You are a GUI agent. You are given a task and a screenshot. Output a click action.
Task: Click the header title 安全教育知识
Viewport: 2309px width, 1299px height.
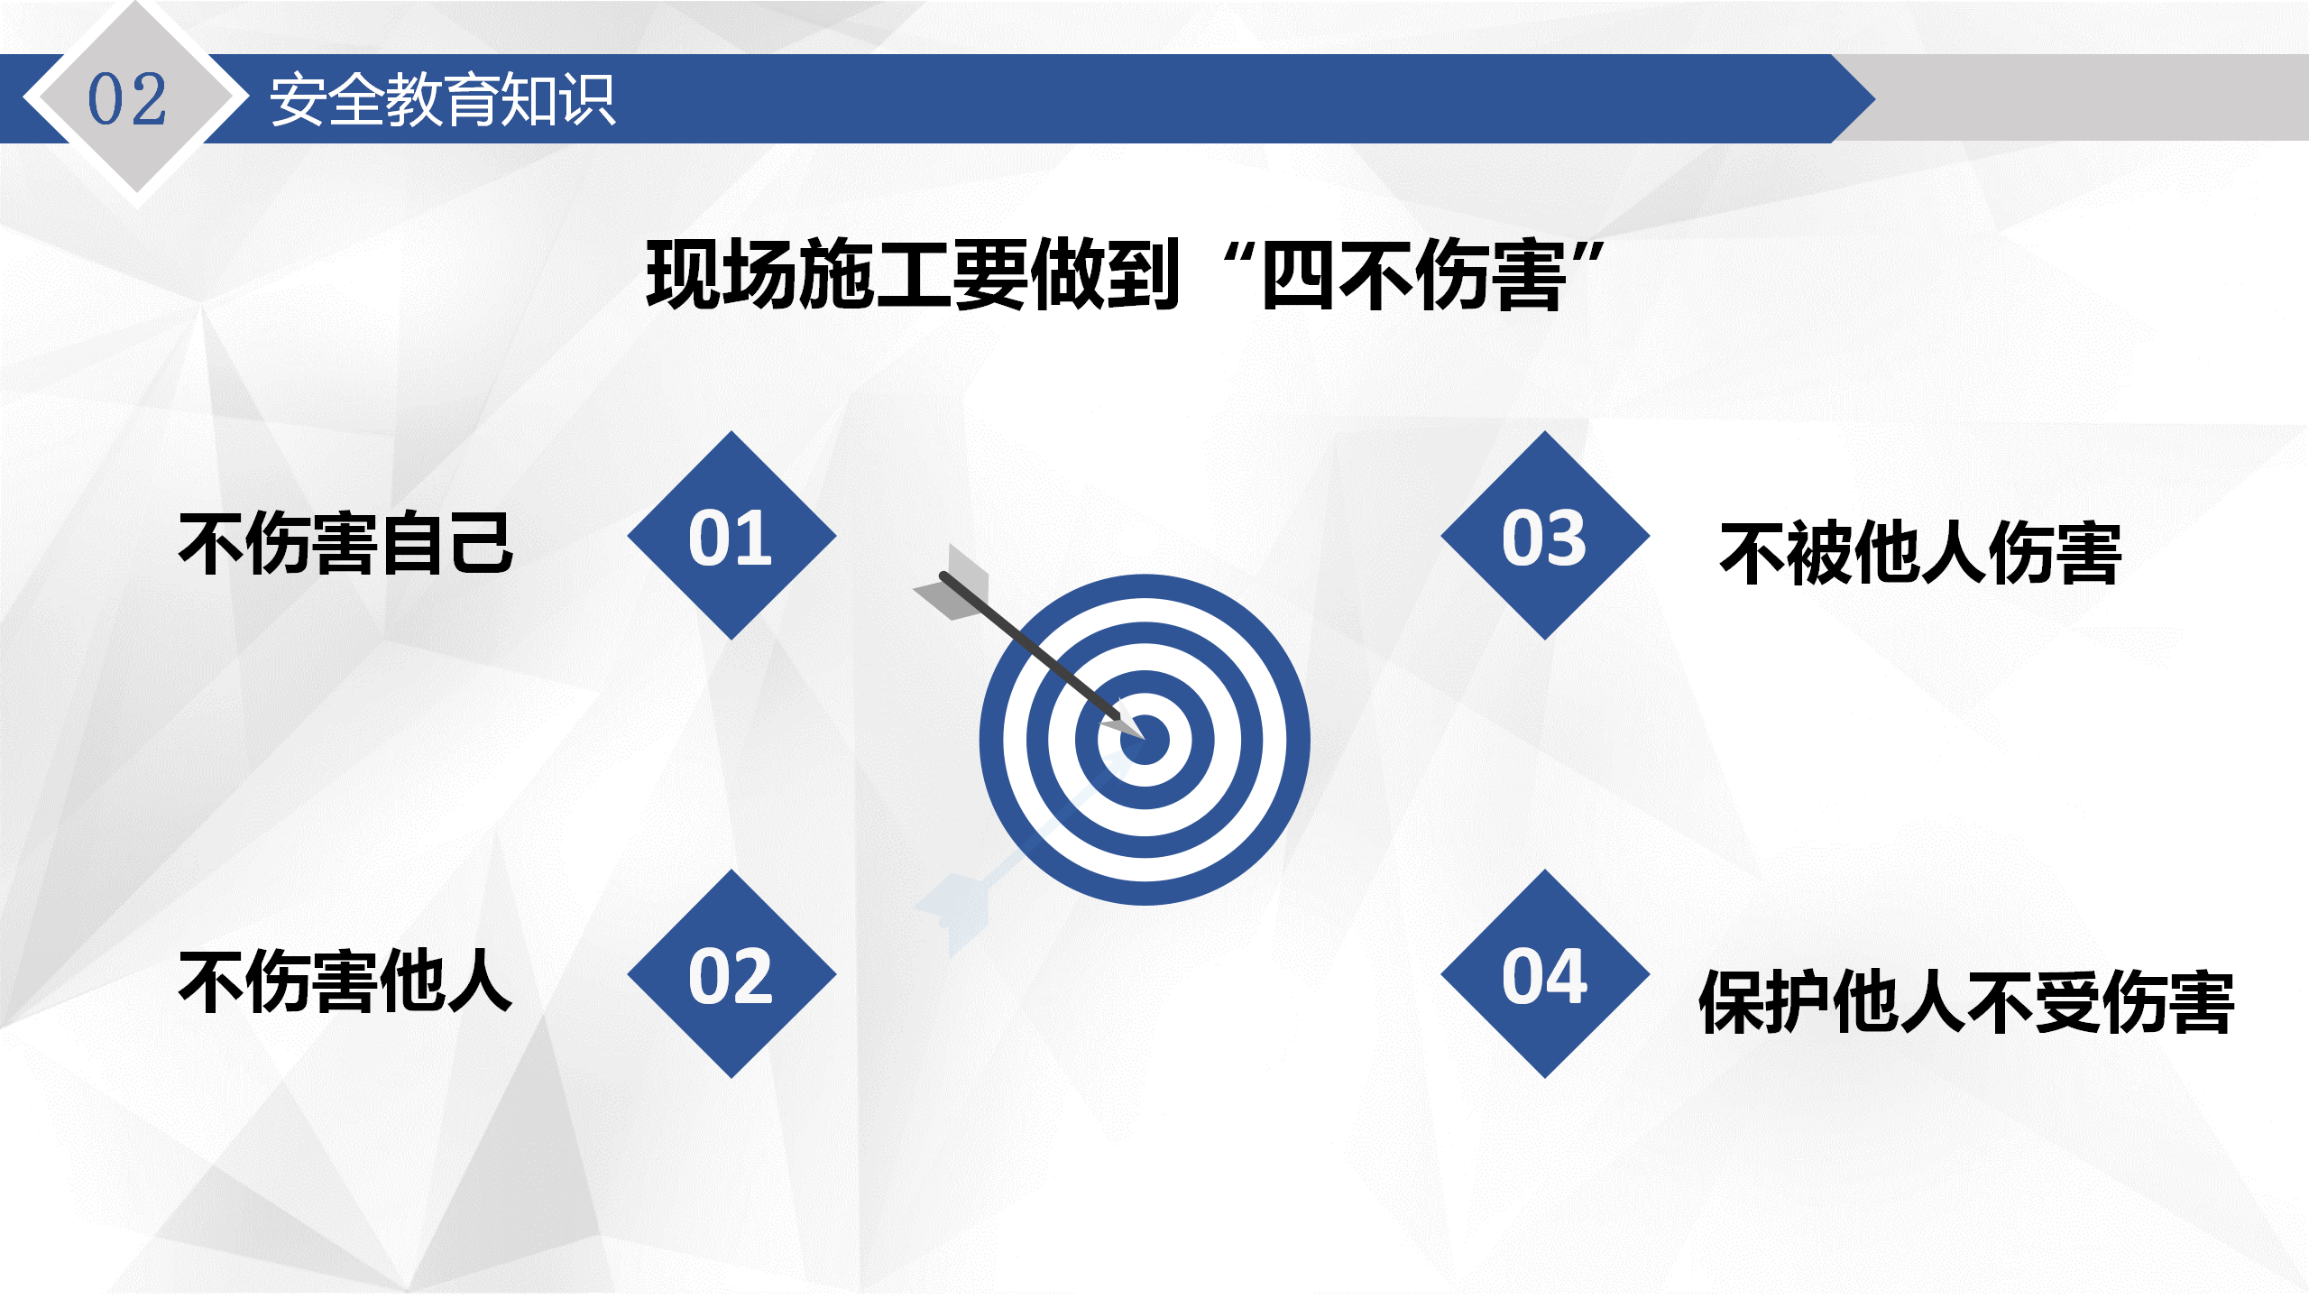[x=442, y=99]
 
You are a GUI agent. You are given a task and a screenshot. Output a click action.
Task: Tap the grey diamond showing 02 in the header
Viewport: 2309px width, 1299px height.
[x=135, y=97]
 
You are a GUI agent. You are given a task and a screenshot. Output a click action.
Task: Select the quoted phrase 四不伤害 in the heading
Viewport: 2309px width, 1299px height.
[x=1413, y=275]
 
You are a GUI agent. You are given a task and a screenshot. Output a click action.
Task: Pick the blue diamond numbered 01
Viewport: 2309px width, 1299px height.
[x=731, y=536]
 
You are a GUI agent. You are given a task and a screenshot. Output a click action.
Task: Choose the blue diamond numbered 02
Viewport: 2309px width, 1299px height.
[x=731, y=974]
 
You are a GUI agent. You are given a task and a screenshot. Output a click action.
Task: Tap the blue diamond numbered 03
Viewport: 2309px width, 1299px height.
[x=1545, y=536]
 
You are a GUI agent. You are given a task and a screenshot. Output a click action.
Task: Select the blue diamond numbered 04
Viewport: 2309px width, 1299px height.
[x=1545, y=974]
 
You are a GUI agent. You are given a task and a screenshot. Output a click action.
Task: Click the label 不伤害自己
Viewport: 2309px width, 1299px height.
[x=346, y=543]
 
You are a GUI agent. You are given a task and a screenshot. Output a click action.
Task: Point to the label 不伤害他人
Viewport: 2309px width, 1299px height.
[x=346, y=981]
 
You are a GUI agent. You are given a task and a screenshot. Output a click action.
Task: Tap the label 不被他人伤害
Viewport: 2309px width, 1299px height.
[x=1921, y=553]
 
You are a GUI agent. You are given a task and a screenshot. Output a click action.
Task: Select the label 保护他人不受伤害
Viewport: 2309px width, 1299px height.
[x=1966, y=1001]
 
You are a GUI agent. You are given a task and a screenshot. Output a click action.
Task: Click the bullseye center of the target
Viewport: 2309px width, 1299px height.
[x=1145, y=740]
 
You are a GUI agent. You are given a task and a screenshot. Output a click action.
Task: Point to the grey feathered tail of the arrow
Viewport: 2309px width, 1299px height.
[x=952, y=585]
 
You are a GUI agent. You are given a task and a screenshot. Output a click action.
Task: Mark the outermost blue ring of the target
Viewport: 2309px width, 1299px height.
[x=992, y=740]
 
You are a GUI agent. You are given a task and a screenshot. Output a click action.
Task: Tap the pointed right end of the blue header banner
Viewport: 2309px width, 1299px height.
[x=1874, y=98]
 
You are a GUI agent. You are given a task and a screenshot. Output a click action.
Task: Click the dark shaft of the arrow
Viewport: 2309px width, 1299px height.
[x=1030, y=646]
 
